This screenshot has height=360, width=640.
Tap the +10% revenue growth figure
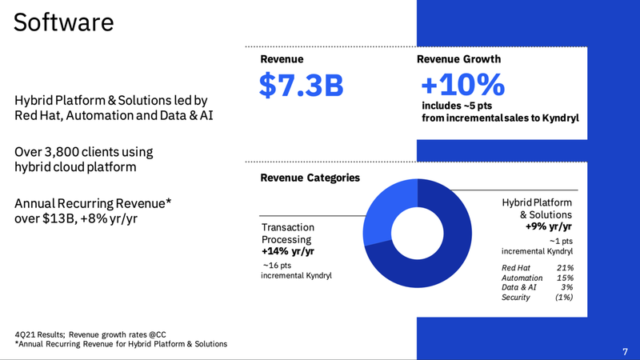463,86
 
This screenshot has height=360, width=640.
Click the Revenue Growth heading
459,59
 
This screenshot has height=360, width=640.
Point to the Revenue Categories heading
310,178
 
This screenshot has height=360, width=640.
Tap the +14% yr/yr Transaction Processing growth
289,251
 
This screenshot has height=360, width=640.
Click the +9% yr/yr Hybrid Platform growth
549,227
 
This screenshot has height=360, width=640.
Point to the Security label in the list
518,298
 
